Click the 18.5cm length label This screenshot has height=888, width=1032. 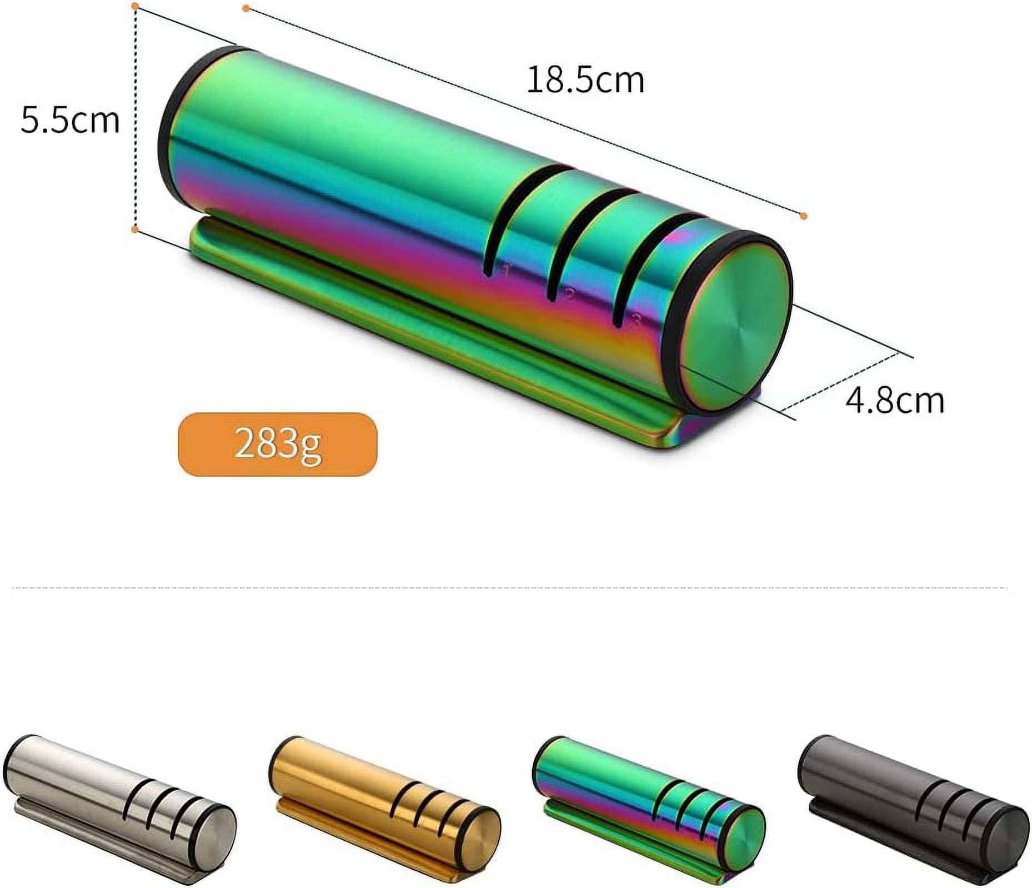pos(585,80)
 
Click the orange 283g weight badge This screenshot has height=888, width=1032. pos(277,444)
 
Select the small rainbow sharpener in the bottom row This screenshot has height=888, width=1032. pos(648,812)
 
